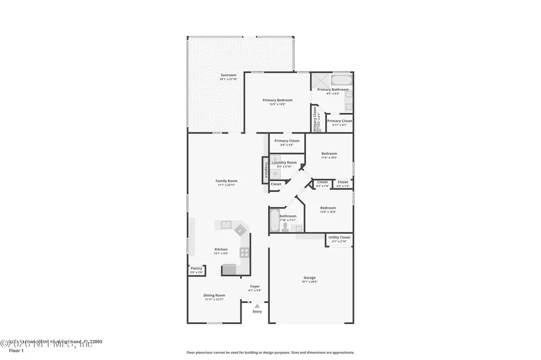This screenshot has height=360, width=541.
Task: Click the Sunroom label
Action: (228, 75)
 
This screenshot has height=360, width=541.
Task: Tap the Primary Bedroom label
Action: (277, 100)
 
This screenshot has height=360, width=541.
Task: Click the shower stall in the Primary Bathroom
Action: (320, 80)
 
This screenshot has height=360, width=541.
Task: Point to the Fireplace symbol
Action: (266, 170)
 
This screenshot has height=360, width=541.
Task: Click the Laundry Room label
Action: (283, 163)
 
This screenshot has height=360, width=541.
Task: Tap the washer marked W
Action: (275, 173)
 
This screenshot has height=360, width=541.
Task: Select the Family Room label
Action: (226, 181)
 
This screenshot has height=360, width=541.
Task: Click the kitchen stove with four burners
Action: (245, 252)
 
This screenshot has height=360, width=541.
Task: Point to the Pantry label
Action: (197, 268)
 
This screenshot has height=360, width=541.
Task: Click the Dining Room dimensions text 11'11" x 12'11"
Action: (214, 299)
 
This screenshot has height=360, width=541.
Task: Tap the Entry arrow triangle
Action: (257, 306)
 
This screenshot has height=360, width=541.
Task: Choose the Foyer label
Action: (255, 286)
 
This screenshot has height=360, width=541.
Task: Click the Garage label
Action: (309, 278)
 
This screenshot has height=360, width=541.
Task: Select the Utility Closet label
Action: (339, 238)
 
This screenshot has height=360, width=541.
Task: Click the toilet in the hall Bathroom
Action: (286, 227)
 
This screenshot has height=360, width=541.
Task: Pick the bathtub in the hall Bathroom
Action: (274, 221)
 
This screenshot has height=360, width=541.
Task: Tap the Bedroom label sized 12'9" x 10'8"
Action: (328, 208)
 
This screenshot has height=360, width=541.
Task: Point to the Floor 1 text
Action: (16, 350)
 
